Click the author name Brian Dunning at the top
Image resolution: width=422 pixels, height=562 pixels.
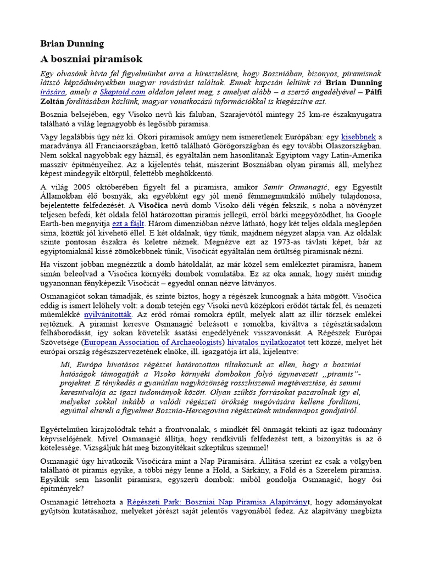[x=72, y=43]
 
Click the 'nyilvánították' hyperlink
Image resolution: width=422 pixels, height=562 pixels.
[x=108, y=315]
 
